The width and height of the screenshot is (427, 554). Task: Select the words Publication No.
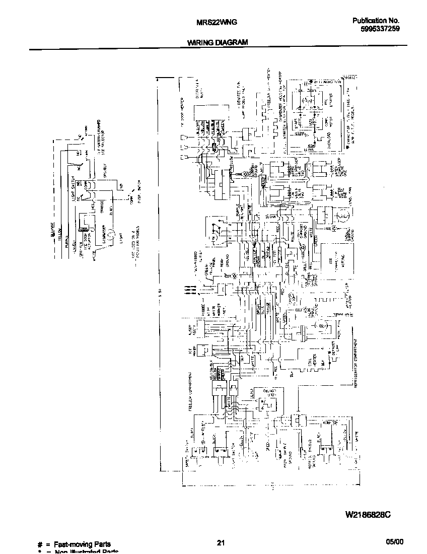tap(376, 21)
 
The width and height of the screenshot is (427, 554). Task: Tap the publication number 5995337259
tap(380, 29)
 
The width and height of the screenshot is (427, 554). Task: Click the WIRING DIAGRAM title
tap(218, 43)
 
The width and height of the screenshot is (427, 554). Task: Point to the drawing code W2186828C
tap(368, 515)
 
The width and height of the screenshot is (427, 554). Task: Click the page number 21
tap(220, 542)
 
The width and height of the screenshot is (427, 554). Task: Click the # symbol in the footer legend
tap(40, 544)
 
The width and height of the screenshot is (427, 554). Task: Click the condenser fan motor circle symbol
tap(342, 217)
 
